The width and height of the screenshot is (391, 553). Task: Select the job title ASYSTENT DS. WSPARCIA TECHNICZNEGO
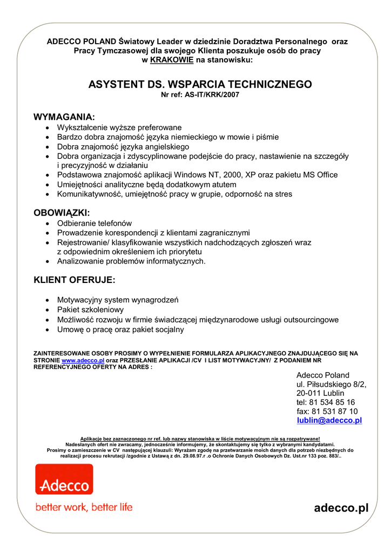[x=200, y=85]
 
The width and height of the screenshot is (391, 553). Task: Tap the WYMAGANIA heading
[x=64, y=117]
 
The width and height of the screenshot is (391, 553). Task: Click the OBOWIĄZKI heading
[x=62, y=213]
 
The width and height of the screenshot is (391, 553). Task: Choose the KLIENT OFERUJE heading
[x=75, y=280]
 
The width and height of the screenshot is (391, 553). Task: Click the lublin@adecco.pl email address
[x=329, y=420]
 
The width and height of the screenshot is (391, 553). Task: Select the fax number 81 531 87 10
[x=334, y=411]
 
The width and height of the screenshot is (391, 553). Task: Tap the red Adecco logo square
[x=64, y=479]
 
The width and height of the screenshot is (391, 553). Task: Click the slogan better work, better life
[x=84, y=507]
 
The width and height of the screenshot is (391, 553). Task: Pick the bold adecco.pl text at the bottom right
[x=341, y=508]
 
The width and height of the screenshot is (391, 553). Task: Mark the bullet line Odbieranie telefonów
[x=95, y=223]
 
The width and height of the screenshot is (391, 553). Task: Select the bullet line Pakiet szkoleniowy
[x=90, y=310]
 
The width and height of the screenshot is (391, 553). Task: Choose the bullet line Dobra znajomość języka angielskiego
[x=123, y=147]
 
